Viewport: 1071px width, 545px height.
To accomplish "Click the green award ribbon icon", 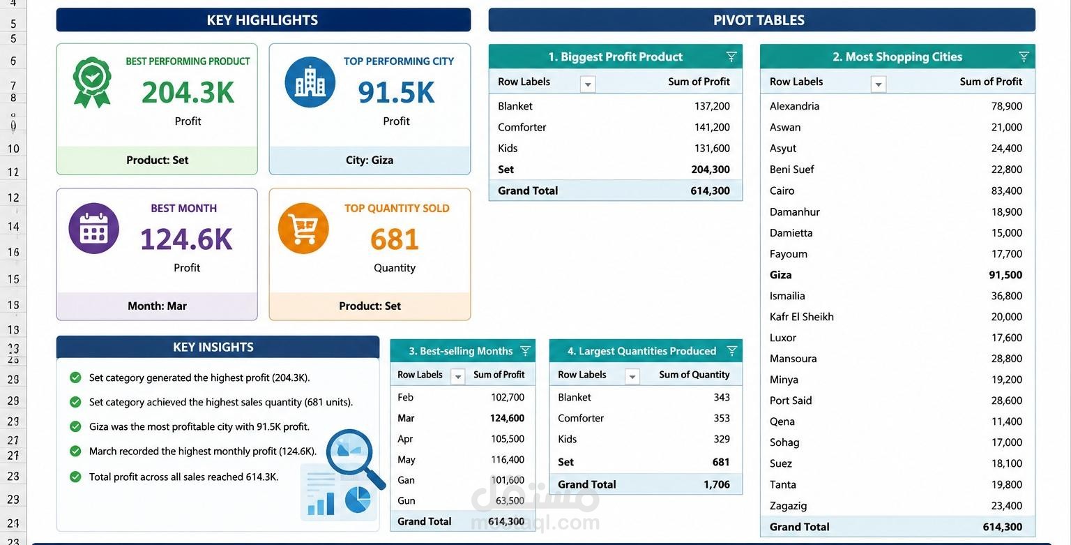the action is (92, 82).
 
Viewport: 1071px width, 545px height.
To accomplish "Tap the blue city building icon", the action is (310, 82).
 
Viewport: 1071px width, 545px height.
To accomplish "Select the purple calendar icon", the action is (93, 228).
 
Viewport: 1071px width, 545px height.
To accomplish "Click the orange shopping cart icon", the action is (303, 228).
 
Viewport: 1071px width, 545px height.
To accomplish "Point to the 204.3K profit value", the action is (188, 92).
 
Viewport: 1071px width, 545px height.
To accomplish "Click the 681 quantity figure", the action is (395, 239).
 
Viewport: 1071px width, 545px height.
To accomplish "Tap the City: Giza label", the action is (370, 160).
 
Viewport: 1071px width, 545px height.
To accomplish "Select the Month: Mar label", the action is (157, 306).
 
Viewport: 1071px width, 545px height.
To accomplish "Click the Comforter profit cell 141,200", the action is (712, 127).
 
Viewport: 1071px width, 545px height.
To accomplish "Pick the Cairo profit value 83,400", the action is (1006, 191).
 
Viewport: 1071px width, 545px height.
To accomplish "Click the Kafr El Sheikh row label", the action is (801, 317).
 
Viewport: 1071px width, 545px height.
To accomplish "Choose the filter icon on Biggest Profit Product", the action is (731, 57).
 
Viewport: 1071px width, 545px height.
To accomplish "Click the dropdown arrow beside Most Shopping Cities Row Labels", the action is (879, 84).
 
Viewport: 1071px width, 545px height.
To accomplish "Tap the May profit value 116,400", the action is (508, 459).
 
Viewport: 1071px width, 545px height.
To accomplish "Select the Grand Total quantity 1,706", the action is (716, 484).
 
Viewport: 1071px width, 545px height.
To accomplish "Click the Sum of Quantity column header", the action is (694, 375).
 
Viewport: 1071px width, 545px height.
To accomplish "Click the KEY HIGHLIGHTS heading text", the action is (262, 20).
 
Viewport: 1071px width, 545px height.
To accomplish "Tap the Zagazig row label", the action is (788, 506).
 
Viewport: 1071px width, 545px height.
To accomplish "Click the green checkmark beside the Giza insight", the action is (75, 426).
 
